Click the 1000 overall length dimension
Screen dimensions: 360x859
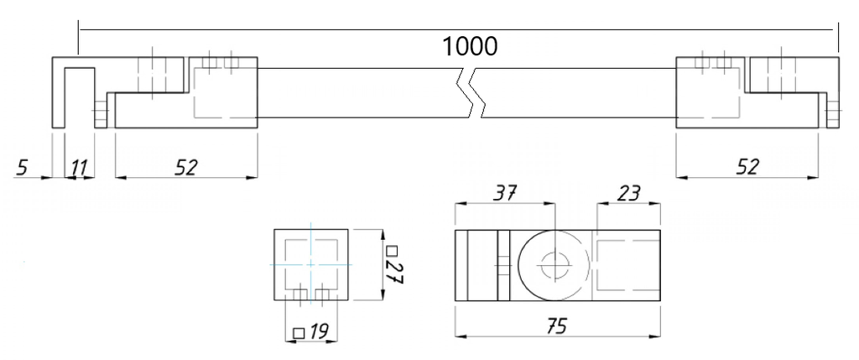471,45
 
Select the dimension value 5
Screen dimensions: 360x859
21,168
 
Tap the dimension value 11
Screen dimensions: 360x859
79,168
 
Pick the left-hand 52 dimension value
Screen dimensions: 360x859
185,167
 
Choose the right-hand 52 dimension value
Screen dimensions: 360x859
746,167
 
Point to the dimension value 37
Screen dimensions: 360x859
505,193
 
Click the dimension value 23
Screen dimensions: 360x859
627,193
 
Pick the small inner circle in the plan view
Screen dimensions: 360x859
552,265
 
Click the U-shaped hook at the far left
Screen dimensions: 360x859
74,92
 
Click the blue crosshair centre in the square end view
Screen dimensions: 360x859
311,263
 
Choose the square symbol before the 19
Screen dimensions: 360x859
297,332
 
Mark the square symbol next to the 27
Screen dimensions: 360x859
392,249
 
